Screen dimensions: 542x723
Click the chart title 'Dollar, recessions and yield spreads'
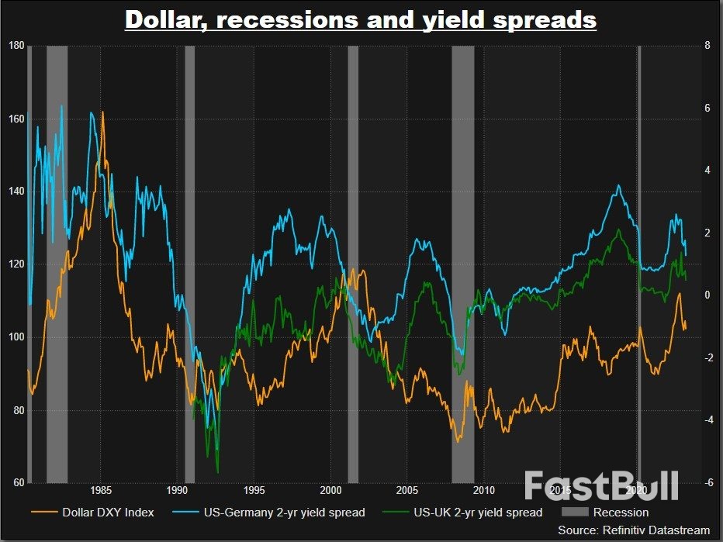361,19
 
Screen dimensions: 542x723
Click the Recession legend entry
620,512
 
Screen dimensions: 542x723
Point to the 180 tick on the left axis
14,46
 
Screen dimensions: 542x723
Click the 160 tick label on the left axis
14,119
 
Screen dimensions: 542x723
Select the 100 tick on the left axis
14,337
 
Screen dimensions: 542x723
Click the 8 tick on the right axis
707,46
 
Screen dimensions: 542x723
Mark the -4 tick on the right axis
707,420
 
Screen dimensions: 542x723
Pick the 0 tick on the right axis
707,295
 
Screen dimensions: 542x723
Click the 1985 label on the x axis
100,490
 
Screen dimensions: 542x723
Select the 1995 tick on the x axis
254,490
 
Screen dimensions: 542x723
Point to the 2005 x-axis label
407,490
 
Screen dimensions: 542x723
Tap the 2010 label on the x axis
483,490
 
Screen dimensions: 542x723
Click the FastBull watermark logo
601,485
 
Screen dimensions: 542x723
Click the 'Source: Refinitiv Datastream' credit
634,530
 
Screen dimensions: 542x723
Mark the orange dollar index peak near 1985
102,113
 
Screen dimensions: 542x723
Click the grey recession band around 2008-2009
463,264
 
